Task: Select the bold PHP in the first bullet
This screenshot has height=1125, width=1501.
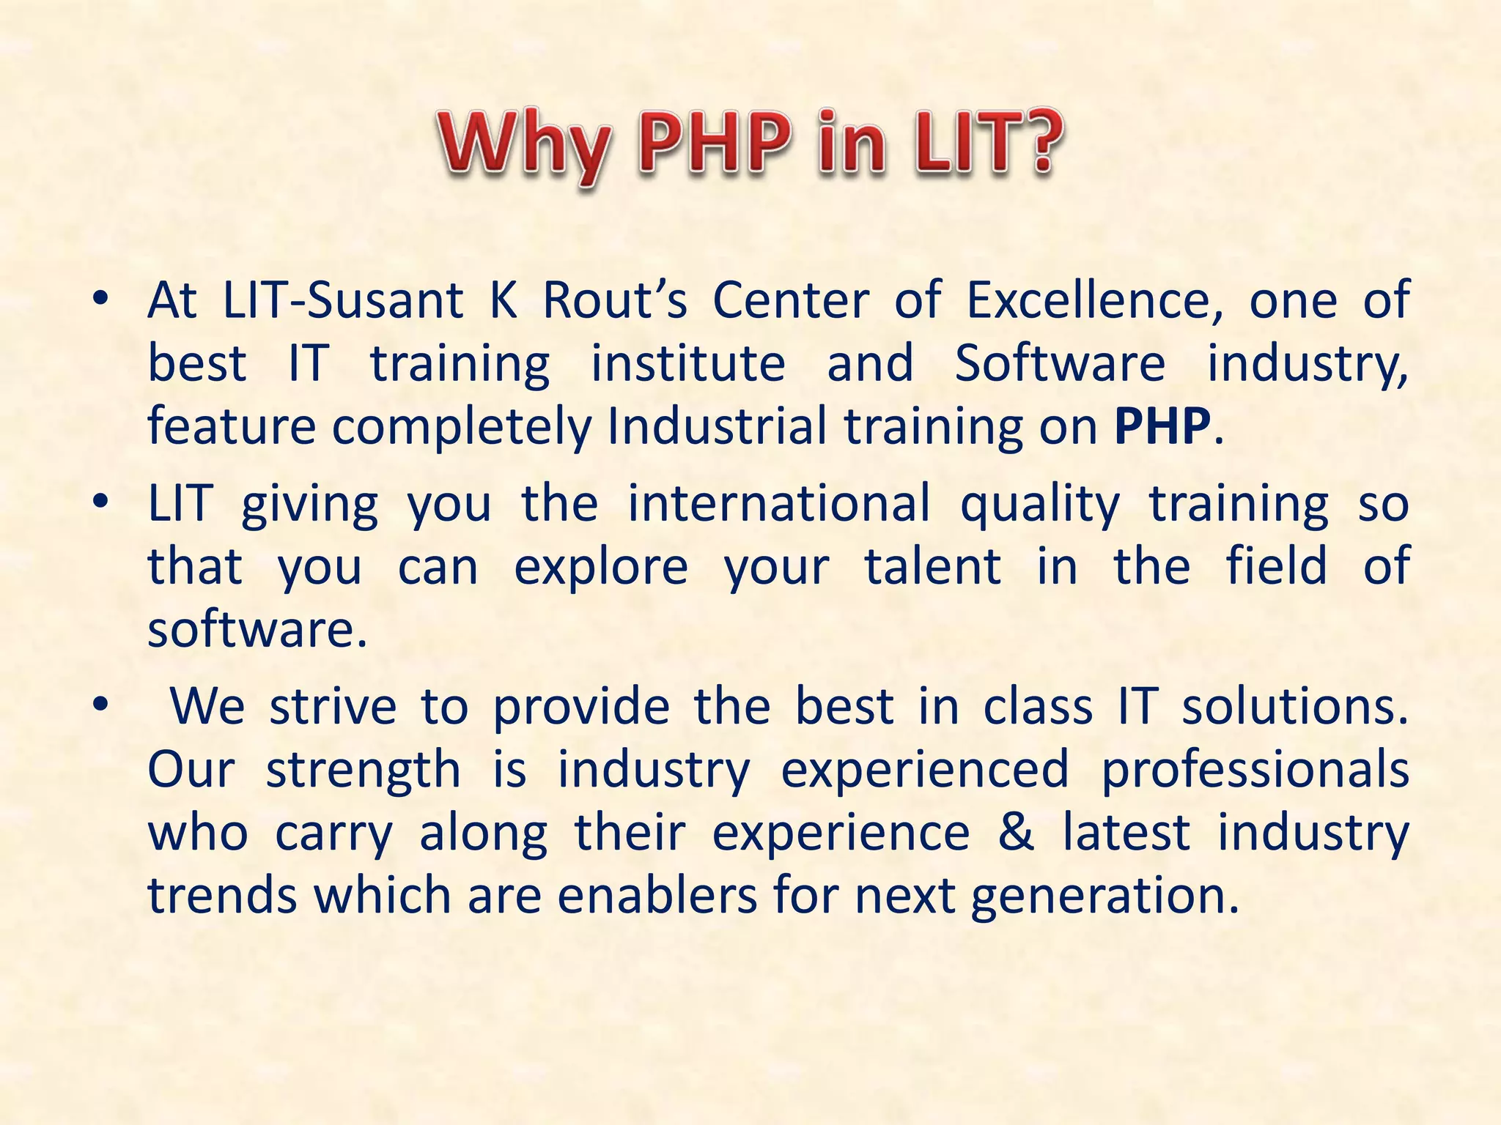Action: coord(1162,426)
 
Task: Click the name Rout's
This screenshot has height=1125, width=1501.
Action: coord(615,300)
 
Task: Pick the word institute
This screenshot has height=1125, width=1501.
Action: coord(688,363)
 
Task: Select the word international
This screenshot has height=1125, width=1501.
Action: coord(780,504)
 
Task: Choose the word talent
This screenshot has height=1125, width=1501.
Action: coord(933,566)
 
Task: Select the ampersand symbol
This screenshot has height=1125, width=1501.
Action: coord(1017,832)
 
